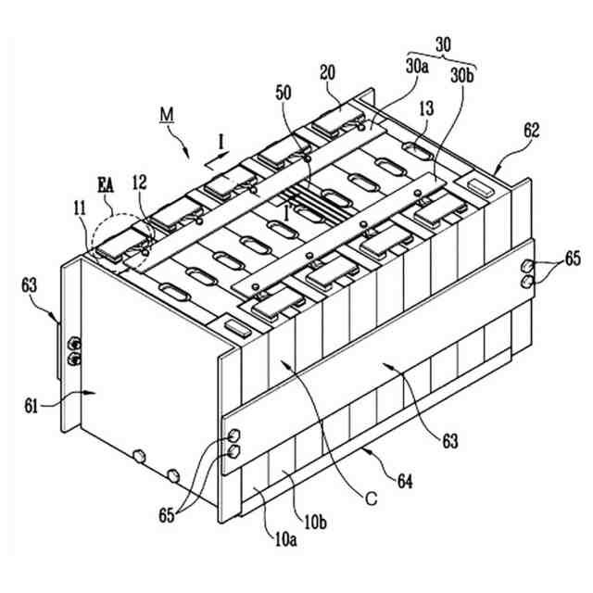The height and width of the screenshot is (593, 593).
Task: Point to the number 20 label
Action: (x=326, y=72)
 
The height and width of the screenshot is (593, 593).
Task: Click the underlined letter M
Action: (x=167, y=115)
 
